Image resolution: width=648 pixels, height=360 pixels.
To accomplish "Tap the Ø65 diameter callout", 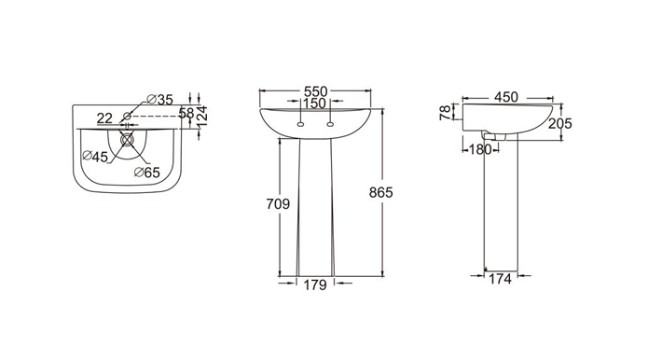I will [147, 172].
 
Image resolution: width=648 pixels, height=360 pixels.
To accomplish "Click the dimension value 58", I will [186, 112].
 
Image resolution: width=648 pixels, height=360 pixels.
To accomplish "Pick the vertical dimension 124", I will [201, 115].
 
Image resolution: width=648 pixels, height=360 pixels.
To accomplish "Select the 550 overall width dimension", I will [316, 91].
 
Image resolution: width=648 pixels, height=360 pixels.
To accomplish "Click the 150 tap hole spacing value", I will [316, 103].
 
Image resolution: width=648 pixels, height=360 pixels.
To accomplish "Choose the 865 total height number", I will [381, 192].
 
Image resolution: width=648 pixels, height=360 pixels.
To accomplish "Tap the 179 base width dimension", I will [315, 285].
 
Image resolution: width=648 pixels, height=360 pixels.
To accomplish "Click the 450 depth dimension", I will [506, 97].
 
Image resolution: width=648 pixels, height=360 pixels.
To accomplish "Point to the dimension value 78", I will [446, 113].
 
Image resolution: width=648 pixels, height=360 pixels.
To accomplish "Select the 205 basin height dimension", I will [559, 123].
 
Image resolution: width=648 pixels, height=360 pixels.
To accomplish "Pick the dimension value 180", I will [480, 149].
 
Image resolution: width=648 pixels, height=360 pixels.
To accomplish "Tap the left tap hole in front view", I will [301, 123].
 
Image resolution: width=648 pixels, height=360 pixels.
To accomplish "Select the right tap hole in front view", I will [331, 123].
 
